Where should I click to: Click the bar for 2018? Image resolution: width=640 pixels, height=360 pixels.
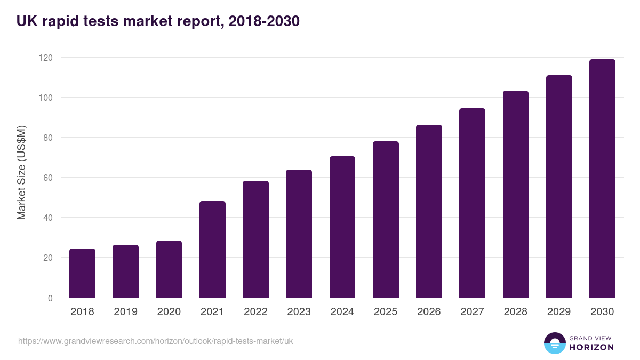point(82,273)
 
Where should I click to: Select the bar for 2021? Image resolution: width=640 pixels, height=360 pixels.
point(212,250)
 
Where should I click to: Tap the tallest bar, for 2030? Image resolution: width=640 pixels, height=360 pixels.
point(602,179)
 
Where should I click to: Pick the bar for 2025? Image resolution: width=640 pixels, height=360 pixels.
point(386,220)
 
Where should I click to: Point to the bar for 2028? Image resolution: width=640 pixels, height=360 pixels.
point(516,194)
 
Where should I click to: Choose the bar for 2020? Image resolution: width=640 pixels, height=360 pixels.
point(169,269)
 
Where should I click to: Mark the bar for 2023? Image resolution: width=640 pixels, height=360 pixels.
point(299,234)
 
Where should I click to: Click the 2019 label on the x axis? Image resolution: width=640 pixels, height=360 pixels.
point(126,312)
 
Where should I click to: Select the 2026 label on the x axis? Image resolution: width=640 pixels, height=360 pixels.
point(429,312)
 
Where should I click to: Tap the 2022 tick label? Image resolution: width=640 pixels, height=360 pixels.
point(255,312)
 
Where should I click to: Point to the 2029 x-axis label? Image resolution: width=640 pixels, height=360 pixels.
point(559,312)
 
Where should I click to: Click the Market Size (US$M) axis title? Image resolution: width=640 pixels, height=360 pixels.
point(21,173)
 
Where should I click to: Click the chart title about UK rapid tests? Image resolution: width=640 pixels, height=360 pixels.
point(158,21)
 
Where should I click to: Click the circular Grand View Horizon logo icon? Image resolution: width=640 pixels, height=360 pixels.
point(554,343)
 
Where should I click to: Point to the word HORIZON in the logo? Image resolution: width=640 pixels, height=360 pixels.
point(591,347)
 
